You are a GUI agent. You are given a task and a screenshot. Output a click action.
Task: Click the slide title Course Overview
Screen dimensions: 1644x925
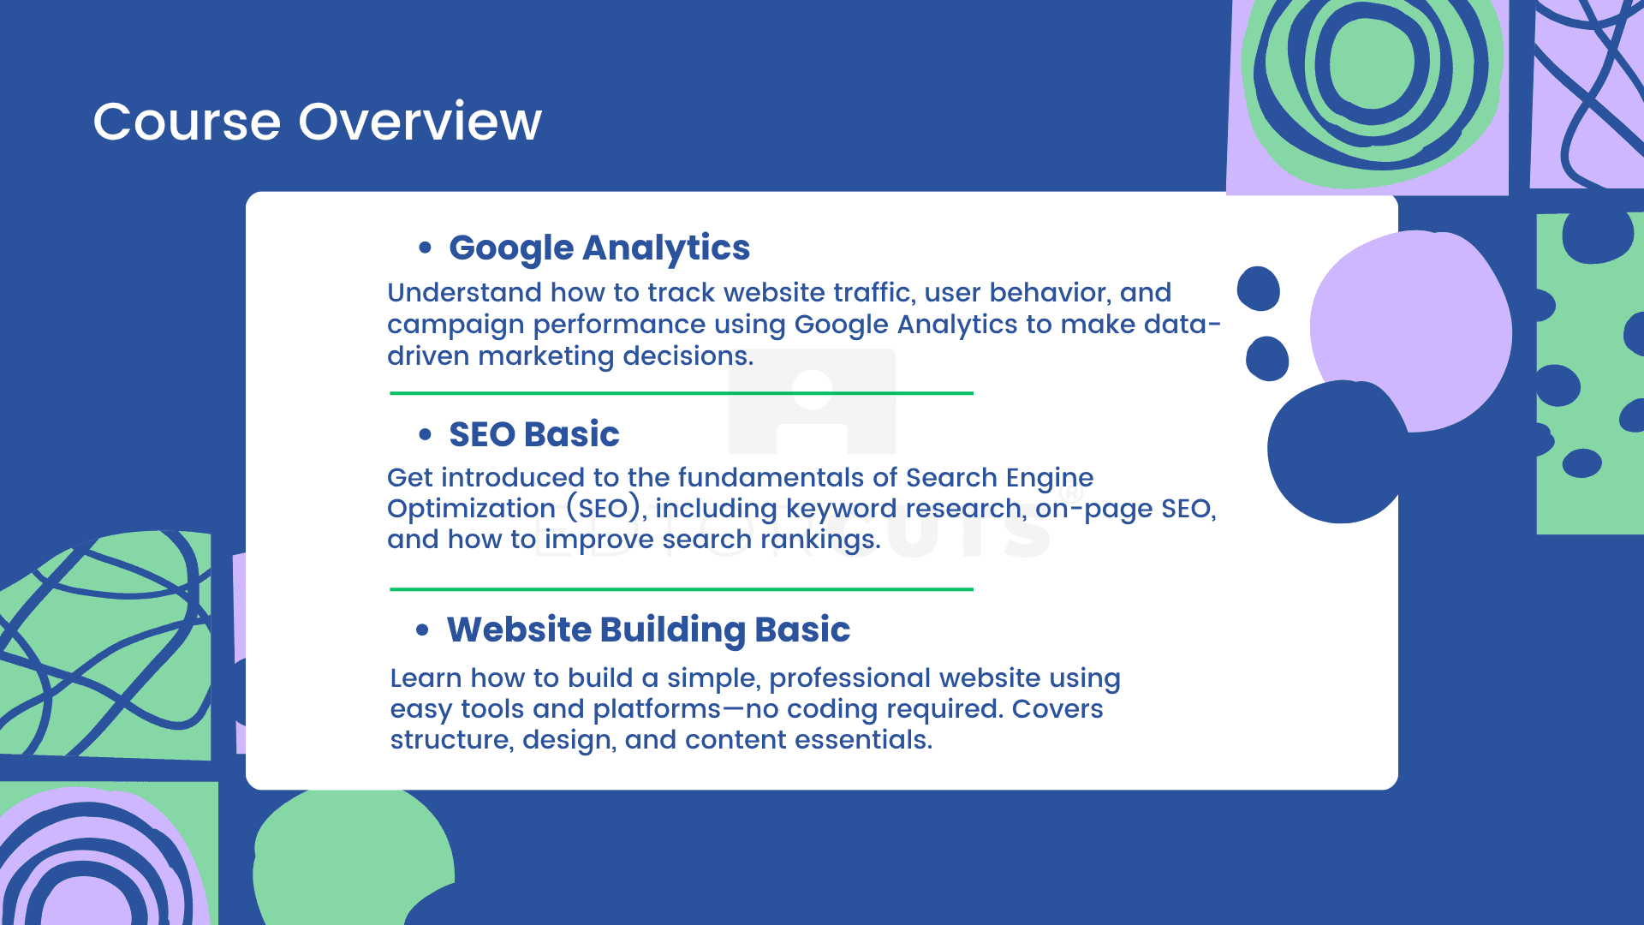click(317, 121)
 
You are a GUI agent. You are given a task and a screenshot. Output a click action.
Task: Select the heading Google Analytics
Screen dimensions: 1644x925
click(599, 248)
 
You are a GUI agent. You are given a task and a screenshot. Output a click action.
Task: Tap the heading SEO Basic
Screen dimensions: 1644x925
click(534, 434)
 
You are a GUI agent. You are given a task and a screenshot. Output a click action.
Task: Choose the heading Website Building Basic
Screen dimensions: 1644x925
click(648, 630)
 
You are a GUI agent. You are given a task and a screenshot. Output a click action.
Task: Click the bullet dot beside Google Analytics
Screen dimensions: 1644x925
click(425, 248)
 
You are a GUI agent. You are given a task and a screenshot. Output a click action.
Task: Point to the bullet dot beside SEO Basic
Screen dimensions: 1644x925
click(425, 434)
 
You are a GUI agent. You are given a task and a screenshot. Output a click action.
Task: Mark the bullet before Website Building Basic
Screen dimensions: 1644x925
click(422, 630)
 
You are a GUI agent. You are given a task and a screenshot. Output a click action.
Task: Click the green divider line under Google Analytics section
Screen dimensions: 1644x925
click(682, 393)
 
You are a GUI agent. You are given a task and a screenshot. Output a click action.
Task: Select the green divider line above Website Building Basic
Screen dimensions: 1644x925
click(682, 589)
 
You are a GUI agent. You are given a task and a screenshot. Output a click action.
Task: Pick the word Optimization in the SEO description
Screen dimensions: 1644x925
click(472, 509)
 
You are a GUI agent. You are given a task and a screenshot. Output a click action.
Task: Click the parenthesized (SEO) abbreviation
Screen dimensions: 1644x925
click(604, 509)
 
